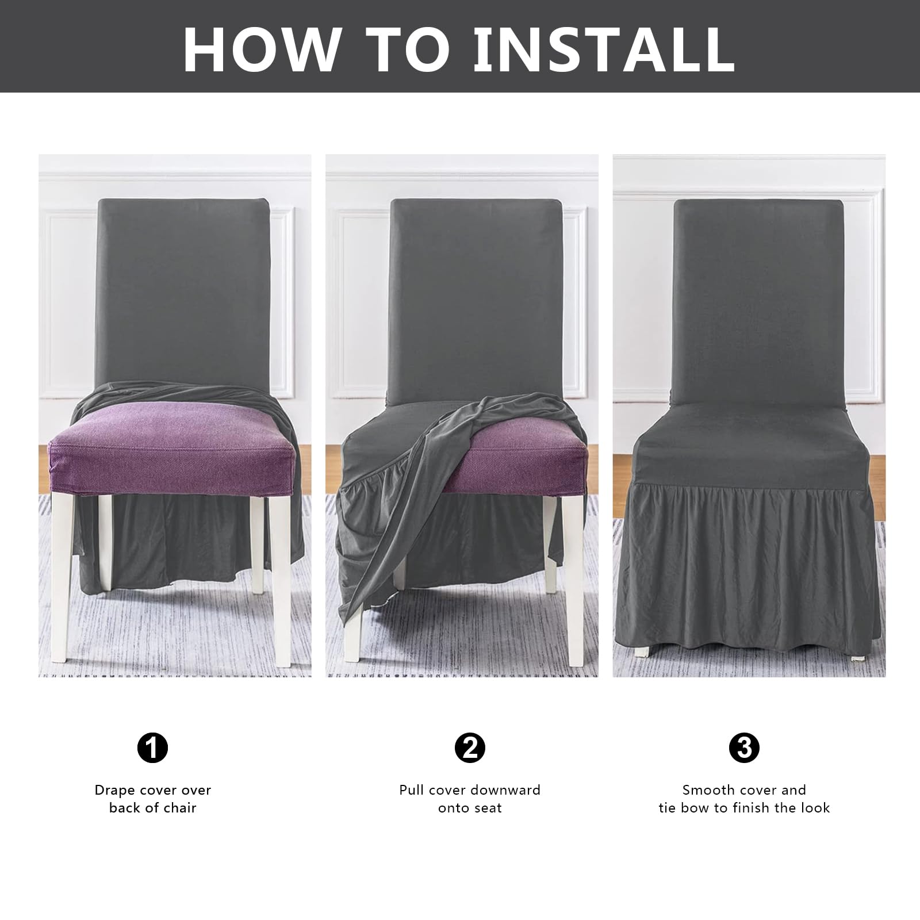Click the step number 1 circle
coord(153,747)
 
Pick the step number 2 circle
coord(470,747)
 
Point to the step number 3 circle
coord(744,747)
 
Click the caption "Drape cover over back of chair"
coord(153,799)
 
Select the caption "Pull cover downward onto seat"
coord(470,799)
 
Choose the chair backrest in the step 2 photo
coord(475,293)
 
